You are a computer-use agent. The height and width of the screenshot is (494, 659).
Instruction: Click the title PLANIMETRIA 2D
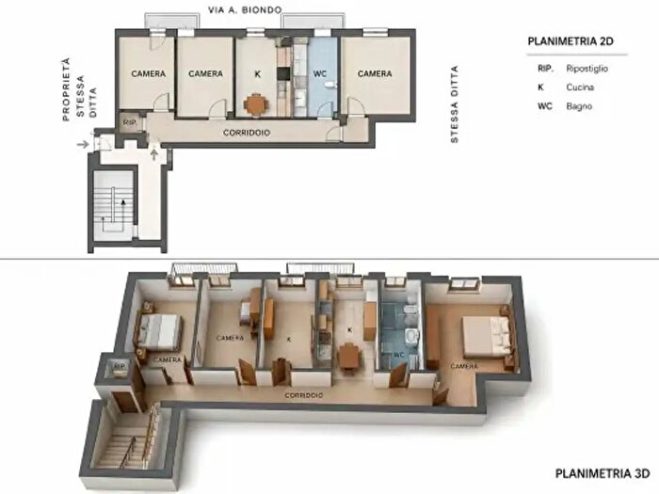571,41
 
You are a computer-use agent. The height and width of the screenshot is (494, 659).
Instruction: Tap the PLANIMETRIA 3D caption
603,473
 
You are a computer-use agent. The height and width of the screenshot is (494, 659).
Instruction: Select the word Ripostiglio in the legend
587,68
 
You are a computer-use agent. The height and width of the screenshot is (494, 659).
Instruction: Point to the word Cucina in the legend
580,88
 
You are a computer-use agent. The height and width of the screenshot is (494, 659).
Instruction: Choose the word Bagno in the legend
579,106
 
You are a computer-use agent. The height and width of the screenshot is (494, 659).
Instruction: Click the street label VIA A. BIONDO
245,9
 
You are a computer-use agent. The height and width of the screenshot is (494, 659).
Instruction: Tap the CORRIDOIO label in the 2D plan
247,133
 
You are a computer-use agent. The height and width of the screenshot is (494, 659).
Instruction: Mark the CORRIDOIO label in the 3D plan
304,395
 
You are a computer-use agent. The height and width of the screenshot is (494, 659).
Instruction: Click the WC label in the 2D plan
320,74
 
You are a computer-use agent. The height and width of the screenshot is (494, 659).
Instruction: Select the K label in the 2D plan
257,74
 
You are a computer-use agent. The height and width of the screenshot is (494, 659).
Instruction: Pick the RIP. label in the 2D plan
130,123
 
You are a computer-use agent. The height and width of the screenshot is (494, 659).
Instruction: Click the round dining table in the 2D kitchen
255,104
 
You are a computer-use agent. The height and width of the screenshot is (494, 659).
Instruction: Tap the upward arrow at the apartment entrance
154,152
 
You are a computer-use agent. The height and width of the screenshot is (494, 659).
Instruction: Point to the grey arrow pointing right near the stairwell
83,145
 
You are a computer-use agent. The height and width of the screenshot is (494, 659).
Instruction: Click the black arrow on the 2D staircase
123,208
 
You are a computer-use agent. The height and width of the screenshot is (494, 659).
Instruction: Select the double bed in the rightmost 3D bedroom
489,334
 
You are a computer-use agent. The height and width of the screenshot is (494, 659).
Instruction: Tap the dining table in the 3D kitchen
349,355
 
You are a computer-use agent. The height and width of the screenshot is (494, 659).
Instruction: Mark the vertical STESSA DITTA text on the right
455,104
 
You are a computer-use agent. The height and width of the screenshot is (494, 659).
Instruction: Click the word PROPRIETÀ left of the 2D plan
66,89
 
